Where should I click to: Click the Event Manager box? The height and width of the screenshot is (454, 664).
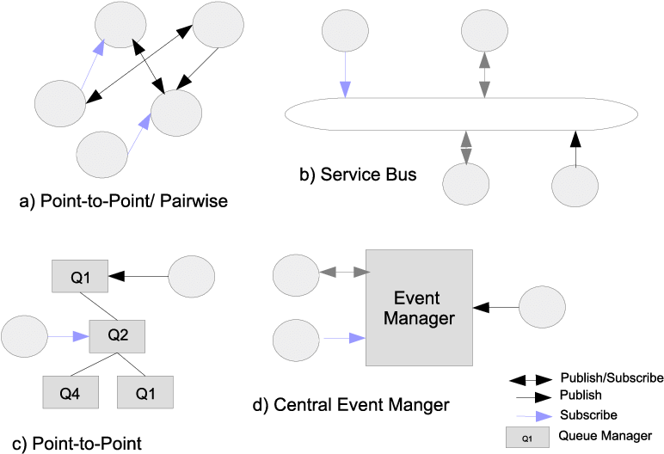pyautogui.click(x=419, y=308)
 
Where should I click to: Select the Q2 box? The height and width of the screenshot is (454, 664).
pyautogui.click(x=117, y=336)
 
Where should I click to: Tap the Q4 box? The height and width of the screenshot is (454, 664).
pyautogui.click(x=71, y=392)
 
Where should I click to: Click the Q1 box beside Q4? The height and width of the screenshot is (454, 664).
pyautogui.click(x=144, y=392)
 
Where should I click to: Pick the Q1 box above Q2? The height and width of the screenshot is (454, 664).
pyautogui.click(x=80, y=277)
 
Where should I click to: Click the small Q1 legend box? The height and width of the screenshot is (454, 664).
pyautogui.click(x=527, y=438)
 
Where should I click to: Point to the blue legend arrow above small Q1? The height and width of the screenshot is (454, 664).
pyautogui.click(x=533, y=416)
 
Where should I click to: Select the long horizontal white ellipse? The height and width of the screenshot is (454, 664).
pyautogui.click(x=461, y=114)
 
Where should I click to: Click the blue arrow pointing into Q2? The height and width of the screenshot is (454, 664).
pyautogui.click(x=69, y=337)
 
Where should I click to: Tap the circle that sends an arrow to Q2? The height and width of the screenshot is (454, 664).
pyautogui.click(x=24, y=336)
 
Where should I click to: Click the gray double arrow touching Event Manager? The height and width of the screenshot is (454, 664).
pyautogui.click(x=343, y=273)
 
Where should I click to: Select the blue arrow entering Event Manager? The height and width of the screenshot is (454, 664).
pyautogui.click(x=344, y=339)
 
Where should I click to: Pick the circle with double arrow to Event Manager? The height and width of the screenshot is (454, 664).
pyautogui.click(x=296, y=275)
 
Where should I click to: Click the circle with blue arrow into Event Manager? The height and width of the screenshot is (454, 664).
pyautogui.click(x=296, y=340)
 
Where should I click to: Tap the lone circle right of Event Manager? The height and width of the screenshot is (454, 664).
pyautogui.click(x=543, y=307)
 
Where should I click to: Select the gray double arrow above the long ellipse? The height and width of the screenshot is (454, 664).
pyautogui.click(x=484, y=75)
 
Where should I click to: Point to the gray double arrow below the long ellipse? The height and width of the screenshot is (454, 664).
pyautogui.click(x=466, y=147)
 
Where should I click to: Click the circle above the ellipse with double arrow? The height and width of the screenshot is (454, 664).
pyautogui.click(x=484, y=31)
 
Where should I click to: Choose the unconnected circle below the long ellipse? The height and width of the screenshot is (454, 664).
pyautogui.click(x=575, y=186)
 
